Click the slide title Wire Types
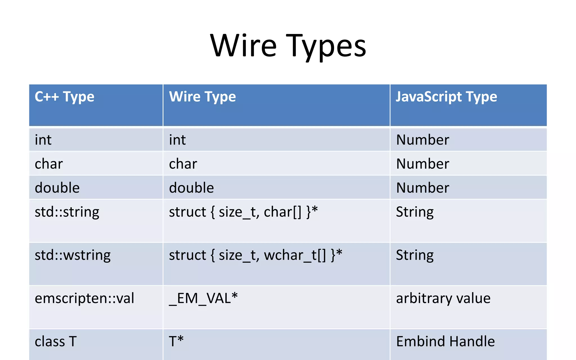coord(288,46)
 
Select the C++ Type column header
coord(64,97)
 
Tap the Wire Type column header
coord(202,97)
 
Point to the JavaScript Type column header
coord(446,97)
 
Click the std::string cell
coord(67,212)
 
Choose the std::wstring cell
coord(73,255)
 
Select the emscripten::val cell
coord(84,298)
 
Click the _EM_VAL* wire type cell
coord(203,298)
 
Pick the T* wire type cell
coord(176,341)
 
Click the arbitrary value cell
coord(443,298)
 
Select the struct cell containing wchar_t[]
coord(255,255)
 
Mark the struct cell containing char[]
coord(243,212)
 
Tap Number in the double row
coord(422,188)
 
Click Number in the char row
coord(422,164)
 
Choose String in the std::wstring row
coord(415,255)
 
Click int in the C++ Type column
coord(43,140)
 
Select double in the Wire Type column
coord(191,188)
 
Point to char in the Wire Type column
coord(183,164)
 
